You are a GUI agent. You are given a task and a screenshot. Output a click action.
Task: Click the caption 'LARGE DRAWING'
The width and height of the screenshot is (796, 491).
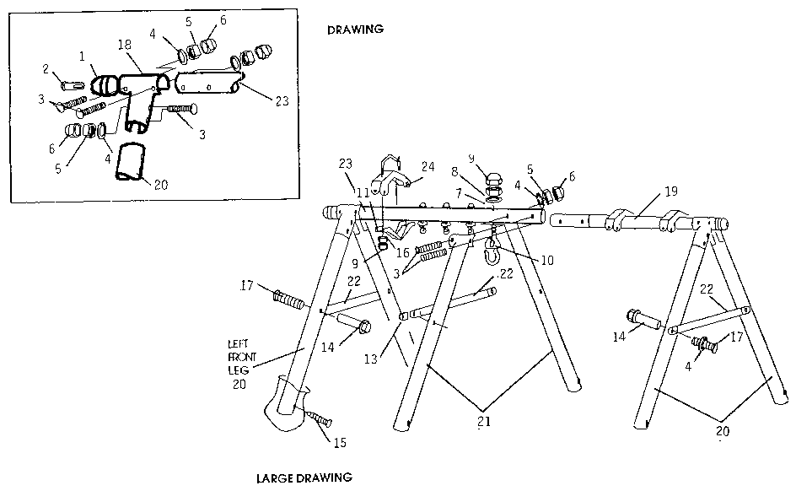[x=304, y=478]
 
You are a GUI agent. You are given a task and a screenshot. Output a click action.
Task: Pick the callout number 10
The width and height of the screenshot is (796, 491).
[x=547, y=261]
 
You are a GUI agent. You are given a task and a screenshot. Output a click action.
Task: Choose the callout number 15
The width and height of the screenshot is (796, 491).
[x=339, y=441]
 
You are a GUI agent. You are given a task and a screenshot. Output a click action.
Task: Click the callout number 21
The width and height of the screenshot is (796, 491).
[x=481, y=423]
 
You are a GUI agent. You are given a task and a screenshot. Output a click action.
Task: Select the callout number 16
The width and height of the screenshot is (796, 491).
[x=403, y=252]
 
